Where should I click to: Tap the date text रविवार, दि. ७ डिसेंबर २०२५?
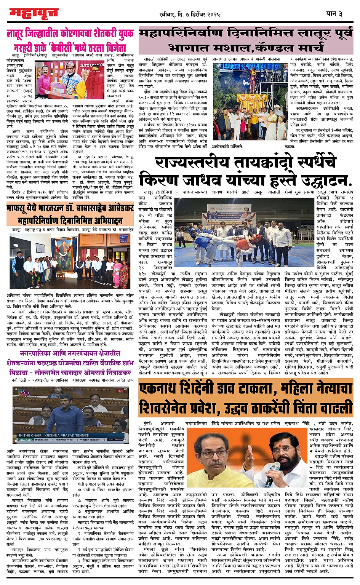[x=190, y=14]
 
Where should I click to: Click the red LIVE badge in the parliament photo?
[x=120, y=391]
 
